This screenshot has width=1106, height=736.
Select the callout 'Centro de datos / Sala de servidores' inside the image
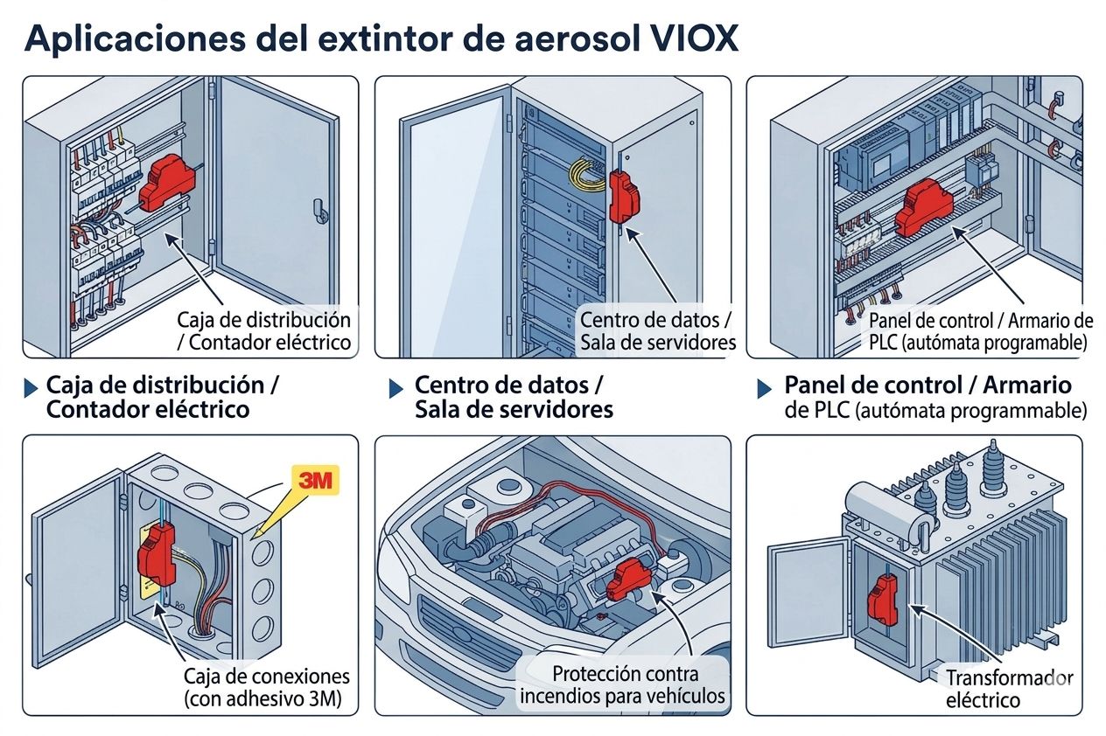pos(657,331)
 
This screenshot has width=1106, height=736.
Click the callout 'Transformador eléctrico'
pos(1008,689)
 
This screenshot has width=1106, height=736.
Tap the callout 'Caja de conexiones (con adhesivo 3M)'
pos(267,687)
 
